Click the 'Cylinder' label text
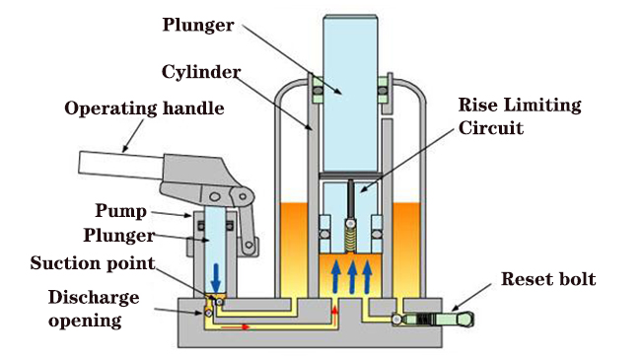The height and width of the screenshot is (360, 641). (x=201, y=72)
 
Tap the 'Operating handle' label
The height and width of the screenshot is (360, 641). (x=144, y=108)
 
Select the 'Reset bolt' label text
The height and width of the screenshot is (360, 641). (x=548, y=279)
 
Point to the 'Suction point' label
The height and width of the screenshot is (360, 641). (x=93, y=263)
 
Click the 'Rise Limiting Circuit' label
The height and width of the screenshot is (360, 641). (x=520, y=116)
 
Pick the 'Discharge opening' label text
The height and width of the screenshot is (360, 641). (x=94, y=309)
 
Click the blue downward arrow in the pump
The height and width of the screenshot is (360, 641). (x=215, y=278)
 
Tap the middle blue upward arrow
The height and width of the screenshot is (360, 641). (x=352, y=277)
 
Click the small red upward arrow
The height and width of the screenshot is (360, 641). (x=335, y=316)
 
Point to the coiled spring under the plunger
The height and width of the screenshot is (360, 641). (x=350, y=240)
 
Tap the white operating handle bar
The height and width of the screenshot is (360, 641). (x=121, y=166)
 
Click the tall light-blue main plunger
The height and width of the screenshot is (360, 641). (x=350, y=94)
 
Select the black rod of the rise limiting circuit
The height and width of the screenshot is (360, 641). (x=351, y=200)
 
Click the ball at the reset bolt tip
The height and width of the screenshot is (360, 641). (x=396, y=320)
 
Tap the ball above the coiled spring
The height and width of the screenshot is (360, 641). (x=350, y=223)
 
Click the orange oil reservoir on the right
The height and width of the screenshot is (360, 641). (x=406, y=250)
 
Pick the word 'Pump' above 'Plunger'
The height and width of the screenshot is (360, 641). (x=121, y=211)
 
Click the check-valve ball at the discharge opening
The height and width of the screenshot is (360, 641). (x=208, y=313)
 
